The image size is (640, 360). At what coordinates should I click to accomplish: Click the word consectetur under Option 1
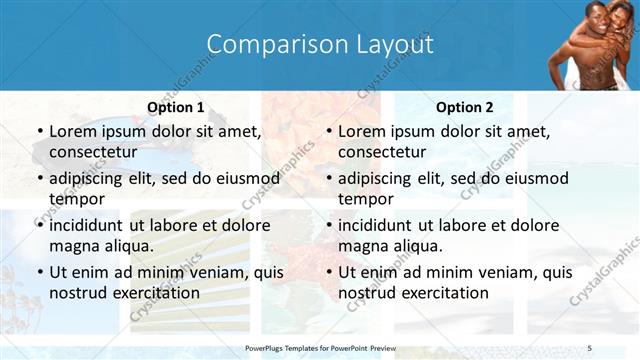pyautogui.click(x=96, y=152)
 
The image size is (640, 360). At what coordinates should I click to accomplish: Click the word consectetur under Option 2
pyautogui.click(x=385, y=152)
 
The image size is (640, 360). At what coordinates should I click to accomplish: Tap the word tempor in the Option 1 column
pyautogui.click(x=74, y=199)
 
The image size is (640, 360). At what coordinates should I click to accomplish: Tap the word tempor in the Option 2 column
pyautogui.click(x=363, y=199)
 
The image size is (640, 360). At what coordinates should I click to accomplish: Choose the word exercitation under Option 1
pyautogui.click(x=155, y=293)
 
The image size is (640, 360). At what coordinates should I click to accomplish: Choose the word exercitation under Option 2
pyautogui.click(x=444, y=293)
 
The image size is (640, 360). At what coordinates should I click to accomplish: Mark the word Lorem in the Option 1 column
pyautogui.click(x=72, y=131)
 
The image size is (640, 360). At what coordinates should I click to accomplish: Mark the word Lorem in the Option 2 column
pyautogui.click(x=361, y=131)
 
